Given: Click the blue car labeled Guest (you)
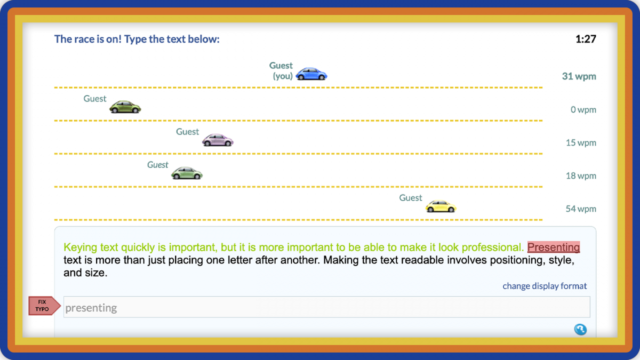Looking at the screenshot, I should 311,74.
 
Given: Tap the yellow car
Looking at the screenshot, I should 441,206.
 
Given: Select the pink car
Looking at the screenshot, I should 218,140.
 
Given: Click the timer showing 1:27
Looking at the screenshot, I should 586,39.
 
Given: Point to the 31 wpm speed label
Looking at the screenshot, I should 579,76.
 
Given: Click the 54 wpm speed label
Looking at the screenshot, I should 581,209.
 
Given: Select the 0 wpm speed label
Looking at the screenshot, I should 583,109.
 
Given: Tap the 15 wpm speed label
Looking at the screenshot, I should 581,142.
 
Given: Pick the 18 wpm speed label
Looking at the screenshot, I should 581,175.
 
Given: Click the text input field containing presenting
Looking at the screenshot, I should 326,307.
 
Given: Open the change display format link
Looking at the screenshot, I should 545,286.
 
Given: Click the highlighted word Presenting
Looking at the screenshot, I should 553,247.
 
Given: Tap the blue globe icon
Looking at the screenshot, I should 580,330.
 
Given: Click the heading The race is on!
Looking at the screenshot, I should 137,39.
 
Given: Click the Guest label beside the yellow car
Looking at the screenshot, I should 411,198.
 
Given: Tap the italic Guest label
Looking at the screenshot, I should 158,165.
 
